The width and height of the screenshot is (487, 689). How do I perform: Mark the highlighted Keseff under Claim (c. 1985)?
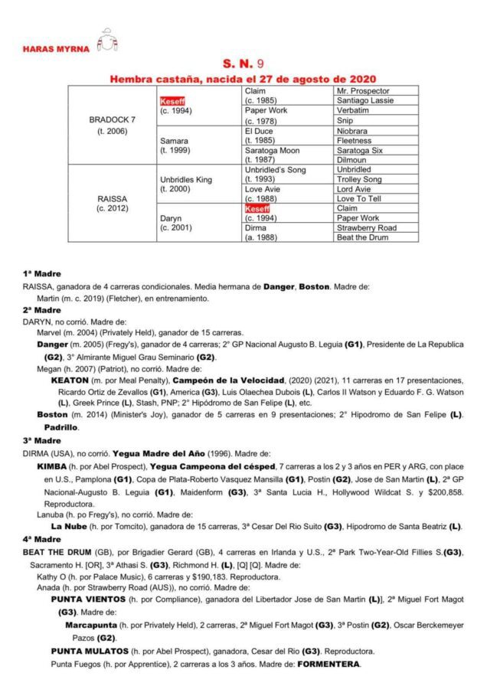pyautogui.click(x=172, y=101)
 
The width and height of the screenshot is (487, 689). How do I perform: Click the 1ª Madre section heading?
pyautogui.click(x=42, y=273)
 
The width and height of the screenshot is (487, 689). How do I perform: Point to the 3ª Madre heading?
pyautogui.click(x=42, y=440)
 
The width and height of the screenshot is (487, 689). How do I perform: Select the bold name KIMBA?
pyautogui.click(x=53, y=465)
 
